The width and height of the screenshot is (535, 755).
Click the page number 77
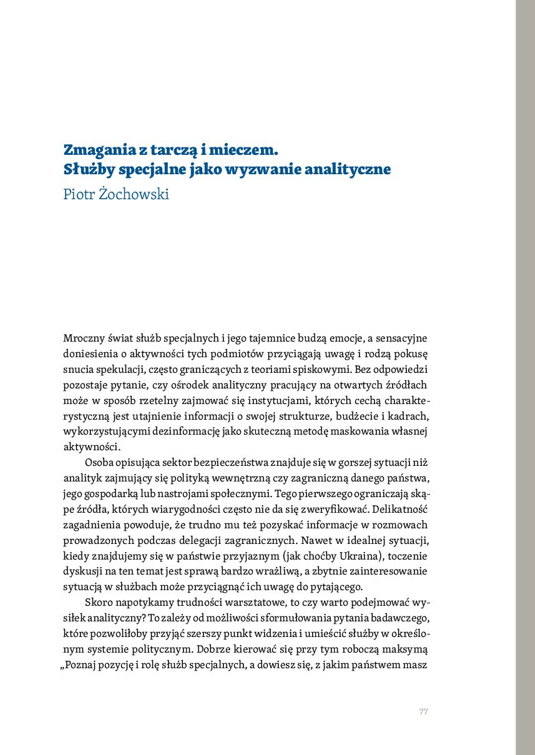423,712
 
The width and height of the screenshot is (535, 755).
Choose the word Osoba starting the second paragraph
99,463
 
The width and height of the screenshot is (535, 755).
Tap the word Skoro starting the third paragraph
99,603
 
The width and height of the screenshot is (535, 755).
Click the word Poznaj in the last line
81,664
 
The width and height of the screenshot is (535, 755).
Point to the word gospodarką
109,494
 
